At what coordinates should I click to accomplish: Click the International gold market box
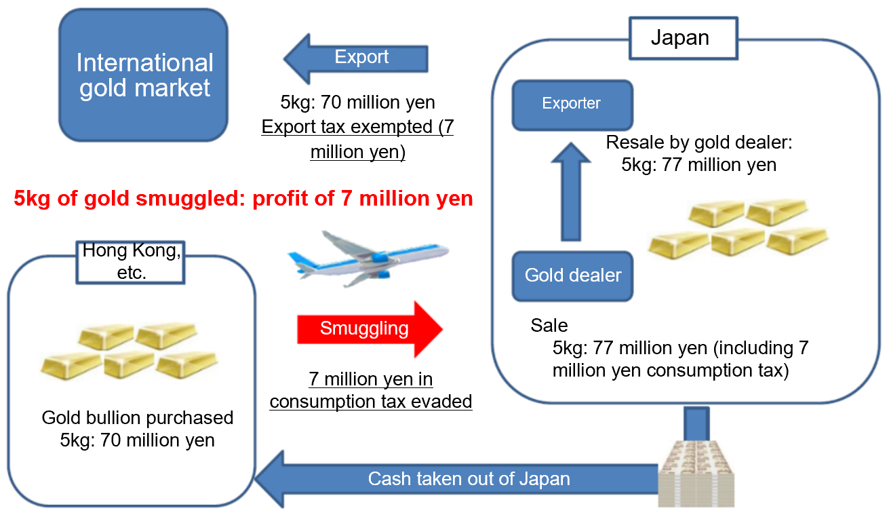pyautogui.click(x=144, y=75)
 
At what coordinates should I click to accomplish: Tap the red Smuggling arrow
pyautogui.click(x=369, y=330)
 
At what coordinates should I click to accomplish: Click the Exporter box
pyautogui.click(x=572, y=104)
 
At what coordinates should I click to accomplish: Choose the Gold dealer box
pyautogui.click(x=572, y=275)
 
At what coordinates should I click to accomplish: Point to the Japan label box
pyautogui.click(x=680, y=38)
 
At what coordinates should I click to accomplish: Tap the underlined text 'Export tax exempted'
pyautogui.click(x=357, y=128)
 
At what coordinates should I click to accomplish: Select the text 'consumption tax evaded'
pyautogui.click(x=370, y=401)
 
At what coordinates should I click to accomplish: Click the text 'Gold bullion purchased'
pyautogui.click(x=138, y=417)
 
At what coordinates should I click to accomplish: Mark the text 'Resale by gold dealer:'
pyautogui.click(x=698, y=143)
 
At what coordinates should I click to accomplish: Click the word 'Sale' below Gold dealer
pyautogui.click(x=549, y=325)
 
